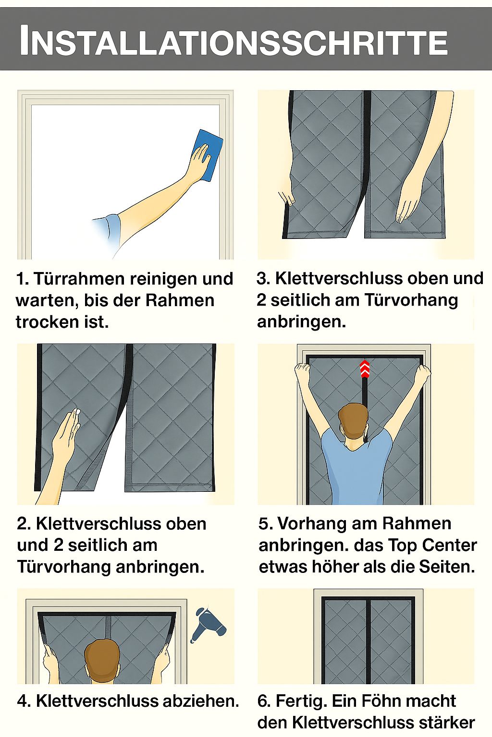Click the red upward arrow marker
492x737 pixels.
[365, 369]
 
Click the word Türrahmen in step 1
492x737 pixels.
[79, 279]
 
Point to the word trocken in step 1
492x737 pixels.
[47, 321]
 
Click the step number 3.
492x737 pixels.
[263, 278]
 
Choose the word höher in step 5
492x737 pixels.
[335, 567]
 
